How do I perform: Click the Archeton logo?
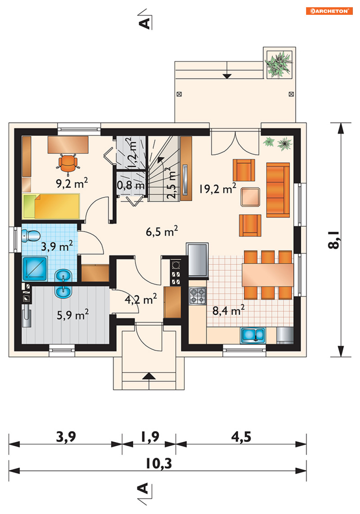click(329, 11)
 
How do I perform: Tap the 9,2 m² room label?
click(72, 183)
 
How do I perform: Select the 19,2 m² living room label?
click(217, 188)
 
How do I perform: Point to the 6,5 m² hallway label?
click(162, 231)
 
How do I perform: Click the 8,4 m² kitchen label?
click(228, 310)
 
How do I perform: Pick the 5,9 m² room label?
click(73, 314)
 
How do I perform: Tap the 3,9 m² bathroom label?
click(57, 246)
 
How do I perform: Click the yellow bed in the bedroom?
click(51, 206)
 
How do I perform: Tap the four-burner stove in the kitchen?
click(198, 296)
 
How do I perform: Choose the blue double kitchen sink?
click(253, 335)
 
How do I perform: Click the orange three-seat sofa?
click(278, 190)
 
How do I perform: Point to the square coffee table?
click(250, 197)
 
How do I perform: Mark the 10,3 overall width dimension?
click(159, 463)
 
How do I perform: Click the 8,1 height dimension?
click(333, 240)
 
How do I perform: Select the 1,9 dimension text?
click(150, 437)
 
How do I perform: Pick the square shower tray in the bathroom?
click(35, 269)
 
